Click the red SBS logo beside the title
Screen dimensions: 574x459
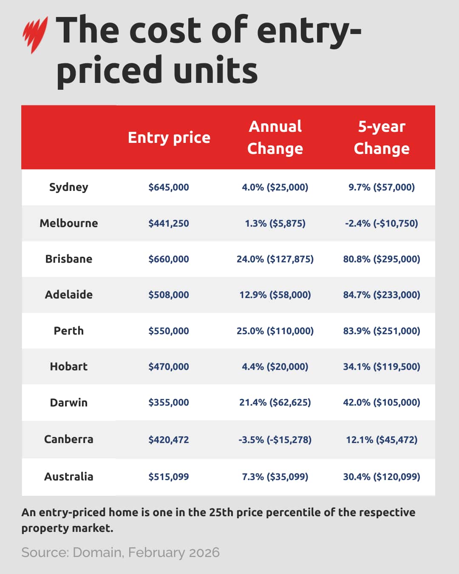coord(35,34)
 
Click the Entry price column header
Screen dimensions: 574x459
coord(169,137)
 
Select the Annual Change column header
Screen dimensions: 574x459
coord(275,137)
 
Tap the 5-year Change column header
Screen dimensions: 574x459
coord(382,137)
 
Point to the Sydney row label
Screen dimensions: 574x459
coord(69,187)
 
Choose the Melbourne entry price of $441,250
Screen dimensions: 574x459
coord(169,223)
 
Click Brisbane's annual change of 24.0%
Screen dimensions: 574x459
coord(275,259)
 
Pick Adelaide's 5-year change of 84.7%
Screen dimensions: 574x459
coord(382,295)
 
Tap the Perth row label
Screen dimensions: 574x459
coord(69,331)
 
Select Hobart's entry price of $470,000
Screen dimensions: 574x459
coord(169,367)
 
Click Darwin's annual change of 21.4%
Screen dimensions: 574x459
coord(275,402)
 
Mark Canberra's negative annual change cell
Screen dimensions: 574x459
coord(275,440)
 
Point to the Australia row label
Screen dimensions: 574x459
coord(69,477)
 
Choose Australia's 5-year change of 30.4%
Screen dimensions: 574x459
coord(382,477)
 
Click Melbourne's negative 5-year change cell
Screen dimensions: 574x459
coord(382,223)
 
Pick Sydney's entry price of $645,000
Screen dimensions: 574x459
coord(169,187)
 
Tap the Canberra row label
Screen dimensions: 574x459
coord(69,439)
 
